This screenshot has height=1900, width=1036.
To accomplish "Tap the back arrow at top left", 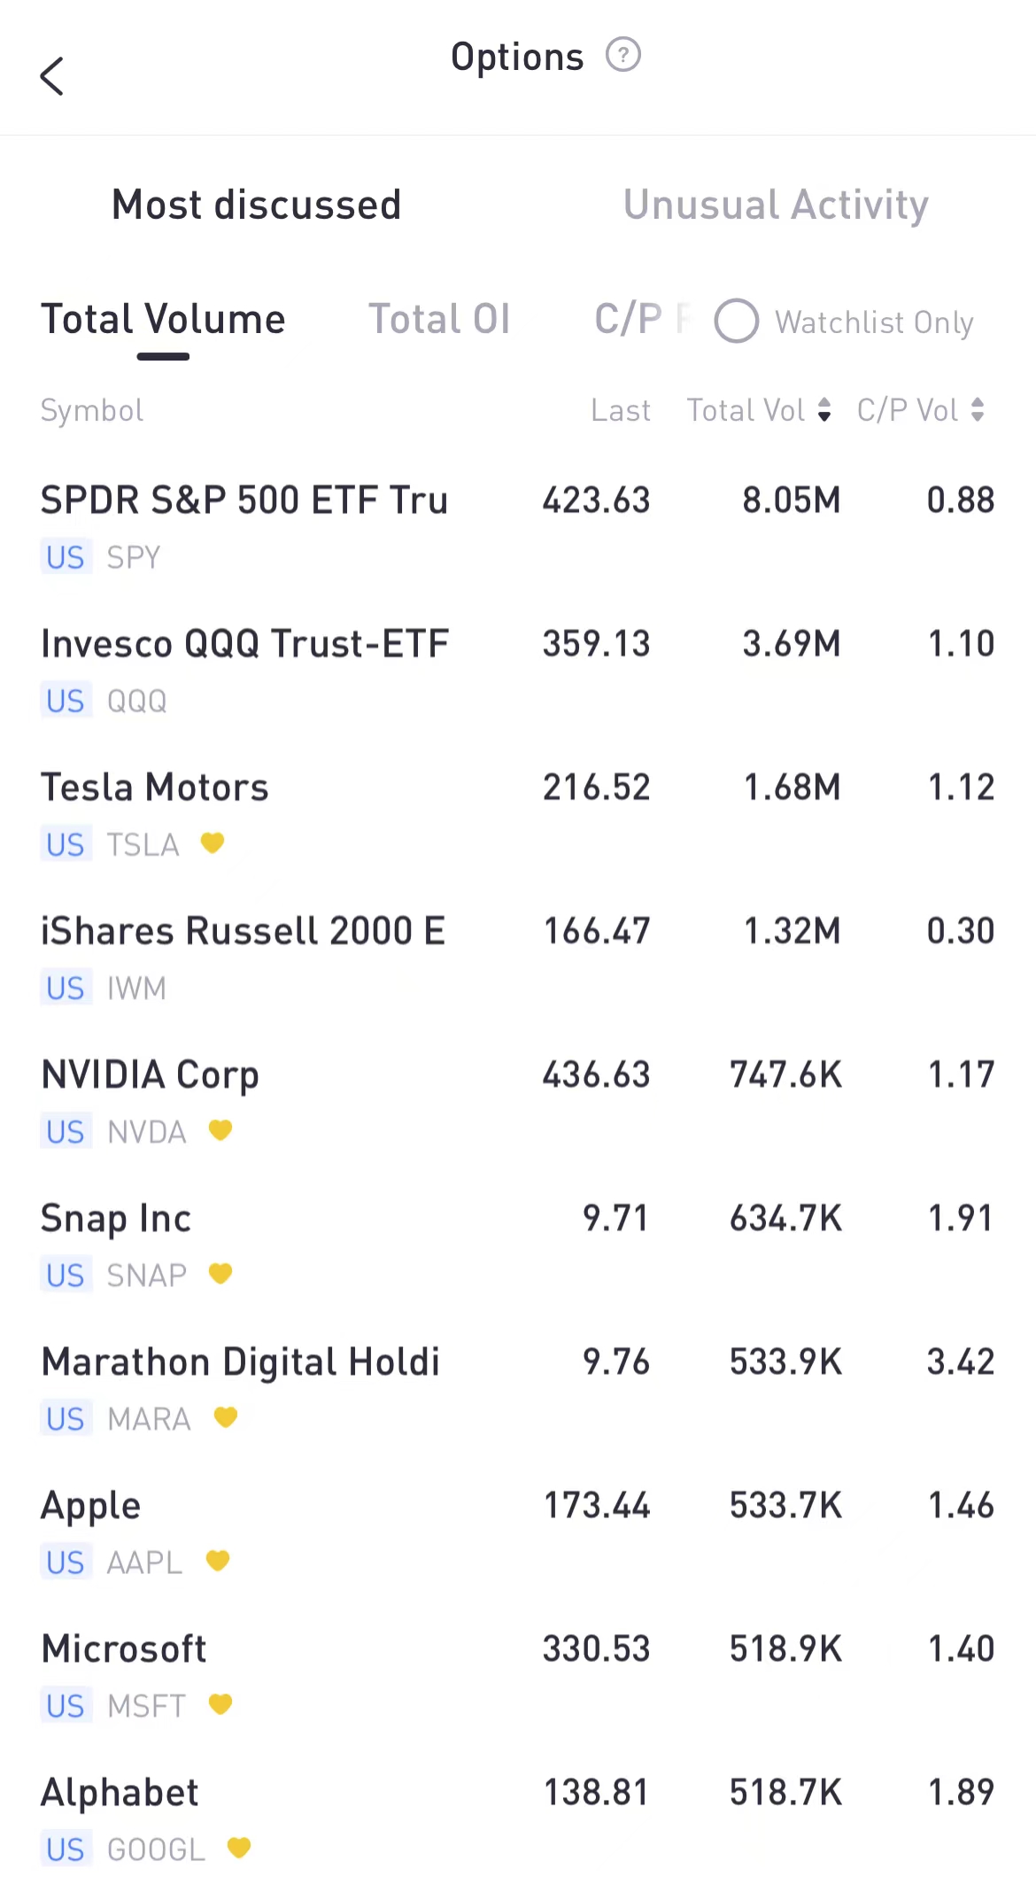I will pos(52,76).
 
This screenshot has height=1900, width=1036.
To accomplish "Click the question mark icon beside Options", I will pos(622,55).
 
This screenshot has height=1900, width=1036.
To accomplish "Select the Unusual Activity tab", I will pos(776,206).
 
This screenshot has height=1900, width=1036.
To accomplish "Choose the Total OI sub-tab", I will pos(439,320).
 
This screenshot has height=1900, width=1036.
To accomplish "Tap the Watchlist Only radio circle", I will pos(737,321).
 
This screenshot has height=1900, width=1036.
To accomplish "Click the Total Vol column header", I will pos(746,410).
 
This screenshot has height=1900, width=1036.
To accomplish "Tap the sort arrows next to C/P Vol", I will pos(978,410).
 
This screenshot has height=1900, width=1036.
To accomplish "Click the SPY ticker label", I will pos(134,557).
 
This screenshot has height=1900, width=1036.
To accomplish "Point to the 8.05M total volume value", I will pos(791,500).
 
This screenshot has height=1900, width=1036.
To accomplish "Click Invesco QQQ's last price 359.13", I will pos(596,644).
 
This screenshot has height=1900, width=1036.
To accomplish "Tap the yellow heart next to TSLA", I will pos(213,842).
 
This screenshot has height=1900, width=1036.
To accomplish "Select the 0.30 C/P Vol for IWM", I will pos(960,931).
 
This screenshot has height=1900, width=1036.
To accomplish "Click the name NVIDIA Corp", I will pos(151,1075).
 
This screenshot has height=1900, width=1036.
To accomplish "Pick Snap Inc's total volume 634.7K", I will pos(785,1219).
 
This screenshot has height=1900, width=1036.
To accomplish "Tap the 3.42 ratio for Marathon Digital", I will pos(960,1362).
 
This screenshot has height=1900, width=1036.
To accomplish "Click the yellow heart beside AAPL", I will pos(218,1561).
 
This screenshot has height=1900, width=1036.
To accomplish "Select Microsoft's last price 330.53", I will pos(596,1649).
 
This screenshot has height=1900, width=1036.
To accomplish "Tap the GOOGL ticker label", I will pos(156,1850).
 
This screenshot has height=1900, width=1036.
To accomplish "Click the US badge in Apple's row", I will pos(66,1563).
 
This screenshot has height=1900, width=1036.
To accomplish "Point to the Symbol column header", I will pos(92,410).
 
